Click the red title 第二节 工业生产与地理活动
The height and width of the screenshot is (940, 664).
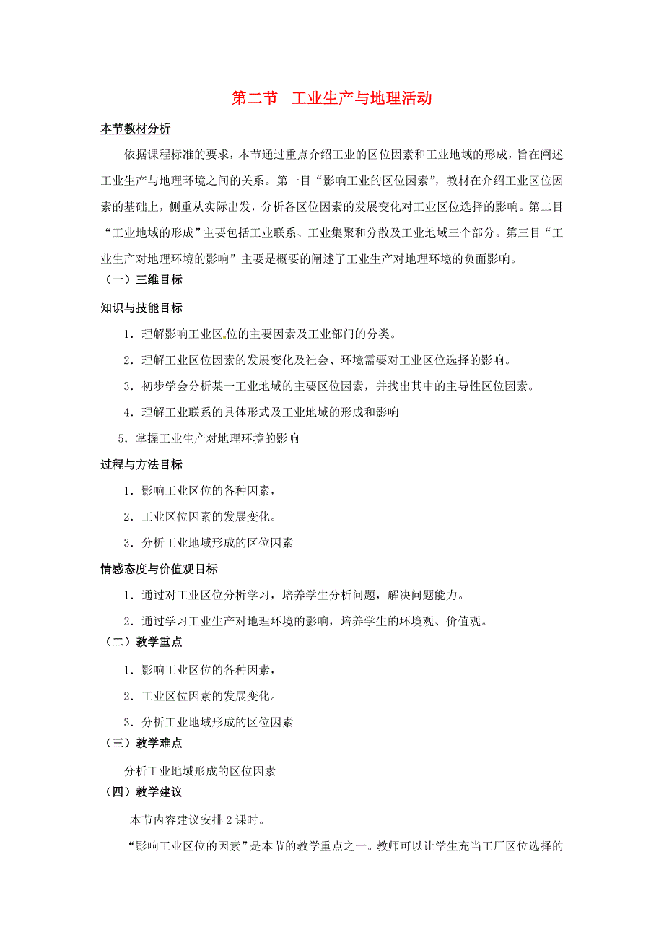[x=331, y=98]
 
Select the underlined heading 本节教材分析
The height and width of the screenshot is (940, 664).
[x=136, y=129]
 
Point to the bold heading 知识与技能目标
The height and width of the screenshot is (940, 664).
[x=141, y=308]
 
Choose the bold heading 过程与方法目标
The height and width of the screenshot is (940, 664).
[x=141, y=464]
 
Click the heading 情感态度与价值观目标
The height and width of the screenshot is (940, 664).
[x=159, y=569]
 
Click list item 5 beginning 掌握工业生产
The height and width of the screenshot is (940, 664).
[x=209, y=438]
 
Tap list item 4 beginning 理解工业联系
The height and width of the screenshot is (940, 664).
[x=261, y=412]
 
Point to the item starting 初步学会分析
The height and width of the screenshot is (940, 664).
[x=329, y=386]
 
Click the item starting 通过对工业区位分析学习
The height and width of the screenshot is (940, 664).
[x=292, y=596]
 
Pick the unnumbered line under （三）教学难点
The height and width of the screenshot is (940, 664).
[x=199, y=771]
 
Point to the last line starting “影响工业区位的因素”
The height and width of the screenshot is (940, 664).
[x=344, y=847]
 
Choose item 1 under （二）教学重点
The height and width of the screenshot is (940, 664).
[x=199, y=670]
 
